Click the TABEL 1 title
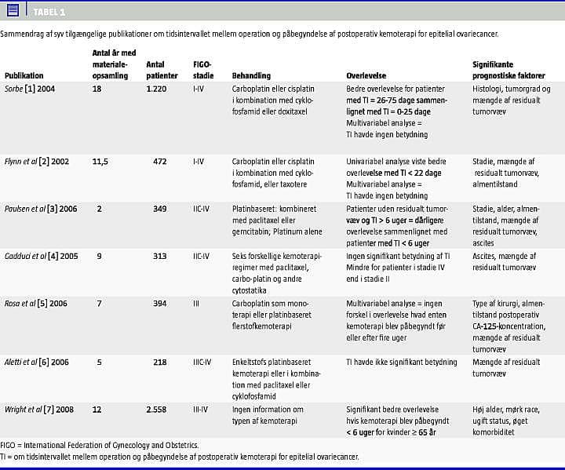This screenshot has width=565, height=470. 49,12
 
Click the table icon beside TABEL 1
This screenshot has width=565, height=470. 14,11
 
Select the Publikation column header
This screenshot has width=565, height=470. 24,76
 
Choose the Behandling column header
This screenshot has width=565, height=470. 251,76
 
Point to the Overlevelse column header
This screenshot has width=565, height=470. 366,76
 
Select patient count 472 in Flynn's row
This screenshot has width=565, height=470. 160,162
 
